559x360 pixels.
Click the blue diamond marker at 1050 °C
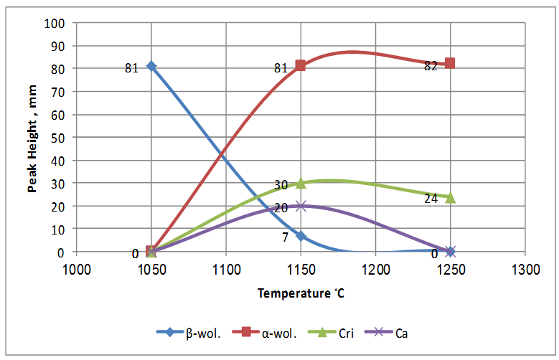(x=151, y=66)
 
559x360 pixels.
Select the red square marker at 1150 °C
(x=301, y=65)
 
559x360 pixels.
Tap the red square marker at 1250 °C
(x=451, y=63)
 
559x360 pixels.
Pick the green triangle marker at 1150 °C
(x=301, y=183)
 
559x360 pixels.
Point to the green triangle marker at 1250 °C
(x=451, y=197)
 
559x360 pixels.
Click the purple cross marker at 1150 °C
(x=301, y=206)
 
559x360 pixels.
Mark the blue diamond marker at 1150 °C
(x=301, y=236)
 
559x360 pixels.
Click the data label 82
(x=431, y=65)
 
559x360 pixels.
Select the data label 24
(x=431, y=199)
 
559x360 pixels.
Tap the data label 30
(x=281, y=184)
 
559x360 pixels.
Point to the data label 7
(x=284, y=237)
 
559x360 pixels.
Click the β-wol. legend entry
(x=191, y=332)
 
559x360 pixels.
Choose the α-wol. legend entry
(x=271, y=332)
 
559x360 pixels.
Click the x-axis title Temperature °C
(x=301, y=293)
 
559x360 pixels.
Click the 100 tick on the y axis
(x=57, y=23)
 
